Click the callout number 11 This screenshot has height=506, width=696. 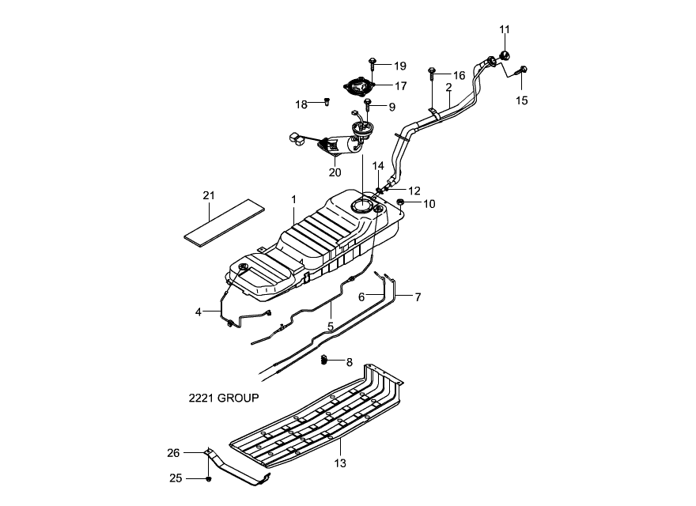[505, 30]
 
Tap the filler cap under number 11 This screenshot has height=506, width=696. [505, 56]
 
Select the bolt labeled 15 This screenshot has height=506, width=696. [521, 70]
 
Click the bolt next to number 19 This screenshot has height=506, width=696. [373, 63]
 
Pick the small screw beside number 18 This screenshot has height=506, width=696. [327, 102]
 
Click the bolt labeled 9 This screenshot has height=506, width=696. [367, 104]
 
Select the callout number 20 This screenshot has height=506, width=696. [335, 172]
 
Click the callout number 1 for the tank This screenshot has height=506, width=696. [293, 200]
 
